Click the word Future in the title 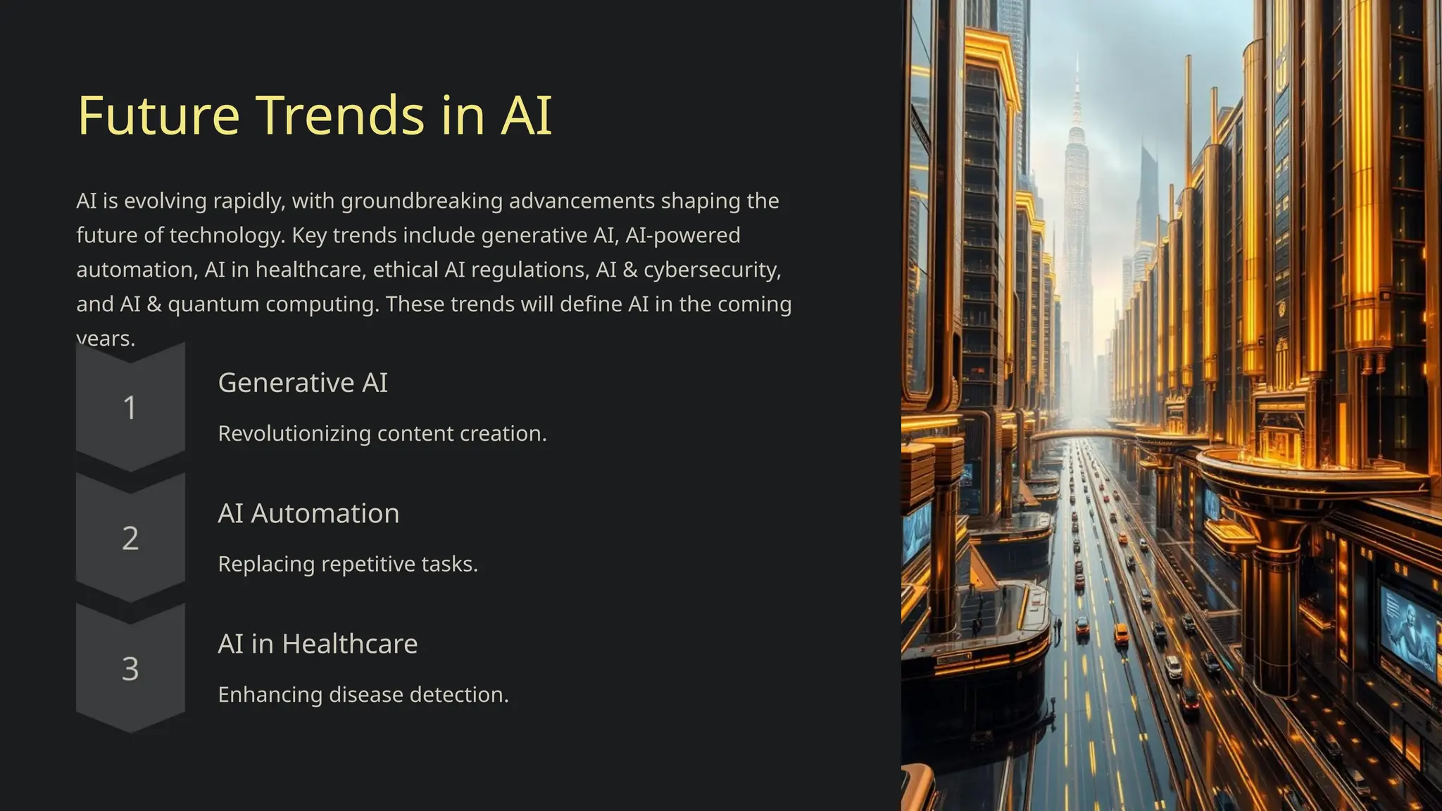click(158, 115)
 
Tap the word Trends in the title click(340, 115)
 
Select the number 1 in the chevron click(130, 408)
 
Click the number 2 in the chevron click(130, 539)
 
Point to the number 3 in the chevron click(130, 669)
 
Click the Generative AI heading click(303, 383)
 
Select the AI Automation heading click(308, 514)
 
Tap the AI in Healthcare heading click(318, 644)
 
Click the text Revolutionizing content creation click(382, 434)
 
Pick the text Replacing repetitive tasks click(348, 565)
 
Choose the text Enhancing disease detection click(363, 695)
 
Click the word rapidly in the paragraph click(249, 201)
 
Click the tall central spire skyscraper click(1077, 211)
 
